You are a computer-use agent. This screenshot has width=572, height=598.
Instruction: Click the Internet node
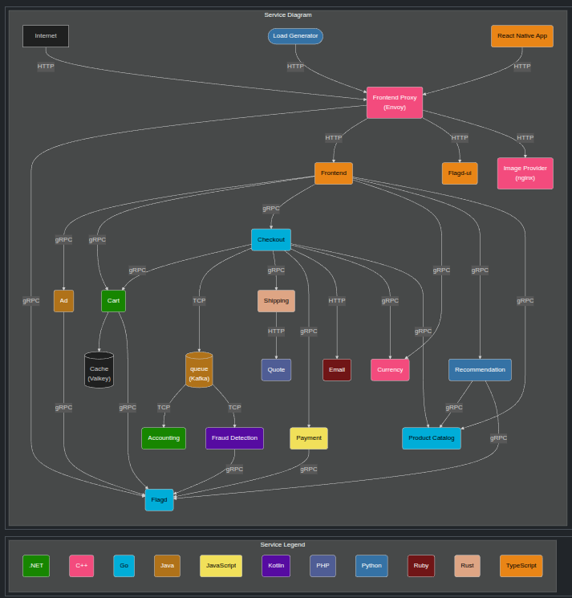click(x=46, y=36)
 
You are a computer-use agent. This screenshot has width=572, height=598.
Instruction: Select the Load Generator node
click(x=295, y=36)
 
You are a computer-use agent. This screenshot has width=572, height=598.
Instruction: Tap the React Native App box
click(x=522, y=36)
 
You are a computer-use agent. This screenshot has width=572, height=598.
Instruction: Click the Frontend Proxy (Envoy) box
click(x=395, y=103)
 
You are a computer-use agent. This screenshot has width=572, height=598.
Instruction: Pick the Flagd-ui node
click(x=460, y=173)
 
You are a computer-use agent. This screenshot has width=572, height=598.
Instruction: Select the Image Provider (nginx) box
click(x=525, y=173)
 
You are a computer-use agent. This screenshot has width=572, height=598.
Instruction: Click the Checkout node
click(x=271, y=240)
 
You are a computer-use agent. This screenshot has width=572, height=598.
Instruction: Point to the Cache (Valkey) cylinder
click(x=99, y=370)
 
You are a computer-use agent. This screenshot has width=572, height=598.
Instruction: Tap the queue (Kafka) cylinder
click(x=199, y=370)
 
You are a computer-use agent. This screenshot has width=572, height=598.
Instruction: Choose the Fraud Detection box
click(x=234, y=438)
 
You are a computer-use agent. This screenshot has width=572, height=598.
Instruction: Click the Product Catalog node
click(x=432, y=438)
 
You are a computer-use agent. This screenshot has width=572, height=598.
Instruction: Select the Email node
click(x=337, y=370)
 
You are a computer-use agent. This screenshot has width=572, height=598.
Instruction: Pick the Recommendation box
click(x=480, y=370)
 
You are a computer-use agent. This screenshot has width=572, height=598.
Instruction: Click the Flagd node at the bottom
click(x=159, y=500)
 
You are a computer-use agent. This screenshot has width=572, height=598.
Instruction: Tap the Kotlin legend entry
click(x=276, y=566)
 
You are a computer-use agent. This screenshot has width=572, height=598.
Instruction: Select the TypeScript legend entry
click(x=521, y=566)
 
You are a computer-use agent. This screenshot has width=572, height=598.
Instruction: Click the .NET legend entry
click(x=36, y=566)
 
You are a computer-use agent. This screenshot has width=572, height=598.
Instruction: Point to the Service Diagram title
click(x=288, y=15)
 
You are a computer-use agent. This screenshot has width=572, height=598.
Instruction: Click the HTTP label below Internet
click(x=46, y=67)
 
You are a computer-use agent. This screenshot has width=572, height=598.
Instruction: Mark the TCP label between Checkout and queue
click(x=199, y=301)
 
